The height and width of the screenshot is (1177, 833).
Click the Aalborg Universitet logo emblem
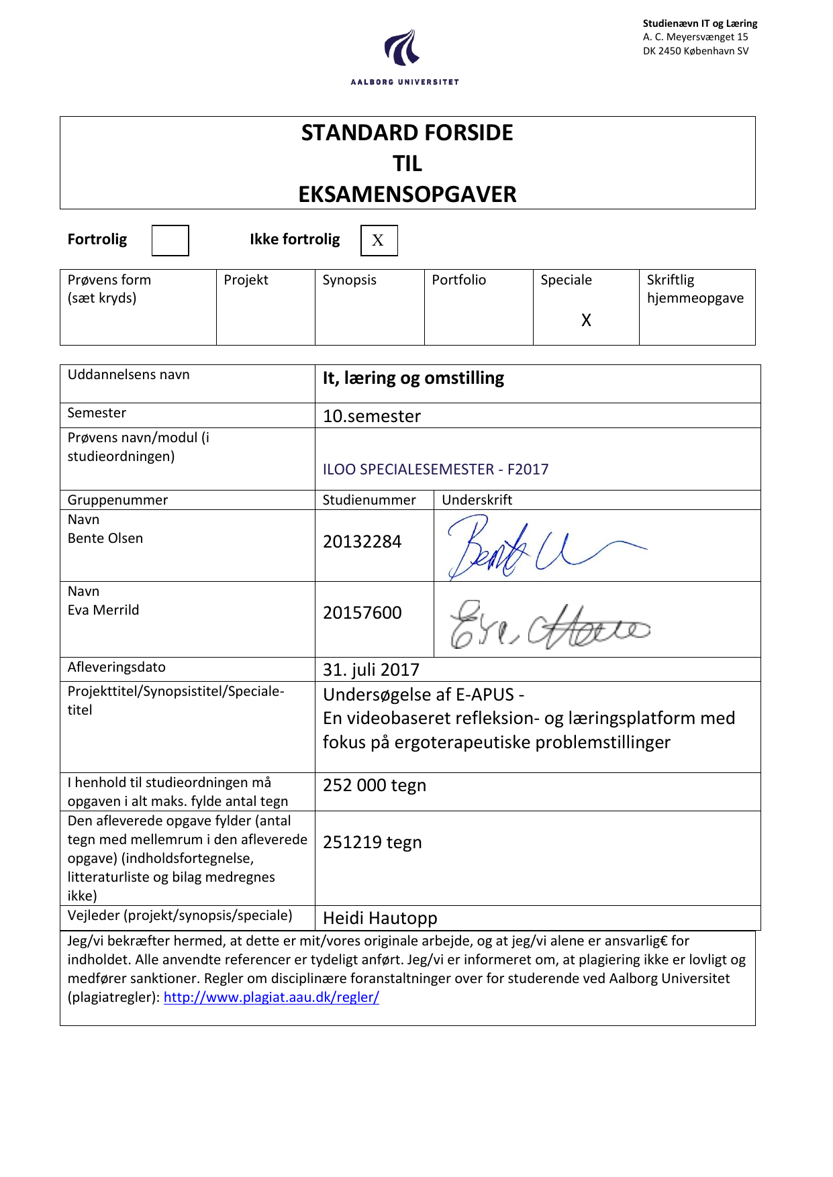click(403, 48)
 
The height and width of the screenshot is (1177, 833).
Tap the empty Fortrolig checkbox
click(170, 240)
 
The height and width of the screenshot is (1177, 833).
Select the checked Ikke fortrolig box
click(379, 240)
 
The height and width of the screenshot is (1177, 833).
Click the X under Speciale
click(586, 320)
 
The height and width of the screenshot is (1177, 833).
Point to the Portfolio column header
click(458, 280)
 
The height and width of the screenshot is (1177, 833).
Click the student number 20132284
click(362, 542)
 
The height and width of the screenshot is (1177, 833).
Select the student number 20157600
click(362, 613)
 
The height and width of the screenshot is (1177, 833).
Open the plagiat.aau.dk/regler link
click(271, 997)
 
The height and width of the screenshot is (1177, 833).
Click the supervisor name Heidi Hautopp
click(380, 918)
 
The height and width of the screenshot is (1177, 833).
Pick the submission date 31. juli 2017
click(371, 670)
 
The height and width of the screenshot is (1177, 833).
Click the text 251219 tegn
click(372, 842)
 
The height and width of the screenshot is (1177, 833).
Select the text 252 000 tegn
click(374, 785)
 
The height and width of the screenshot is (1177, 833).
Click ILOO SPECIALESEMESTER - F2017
click(435, 469)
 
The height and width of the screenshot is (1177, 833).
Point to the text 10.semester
click(371, 416)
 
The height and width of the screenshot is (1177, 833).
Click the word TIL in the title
click(407, 164)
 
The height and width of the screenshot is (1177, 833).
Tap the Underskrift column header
click(477, 500)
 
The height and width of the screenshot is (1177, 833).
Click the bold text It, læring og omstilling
click(413, 378)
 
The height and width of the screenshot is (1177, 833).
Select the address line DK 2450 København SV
click(695, 51)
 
